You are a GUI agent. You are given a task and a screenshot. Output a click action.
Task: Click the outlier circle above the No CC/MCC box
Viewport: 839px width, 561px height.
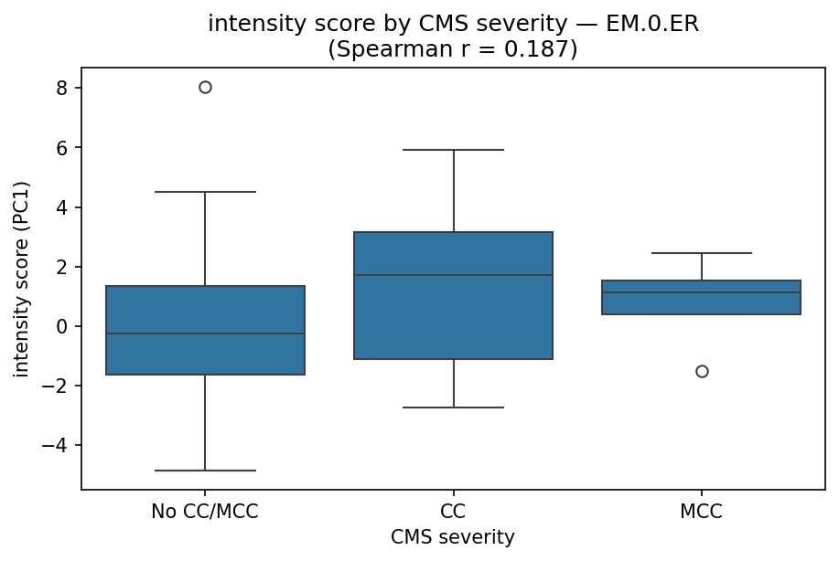click(x=205, y=88)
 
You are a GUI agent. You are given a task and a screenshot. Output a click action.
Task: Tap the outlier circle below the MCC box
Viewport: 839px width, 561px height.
click(x=702, y=371)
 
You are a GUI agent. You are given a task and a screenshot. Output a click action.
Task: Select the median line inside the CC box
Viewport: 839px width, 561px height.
click(x=453, y=275)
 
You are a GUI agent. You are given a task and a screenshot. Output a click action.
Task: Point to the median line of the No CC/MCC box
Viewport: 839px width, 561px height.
click(x=205, y=333)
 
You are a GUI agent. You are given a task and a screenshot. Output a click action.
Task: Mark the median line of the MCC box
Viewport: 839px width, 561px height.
click(x=702, y=292)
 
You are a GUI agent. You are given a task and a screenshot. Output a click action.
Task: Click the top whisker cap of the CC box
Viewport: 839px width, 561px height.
click(x=453, y=150)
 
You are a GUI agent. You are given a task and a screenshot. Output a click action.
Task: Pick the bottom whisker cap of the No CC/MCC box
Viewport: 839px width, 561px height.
click(x=205, y=471)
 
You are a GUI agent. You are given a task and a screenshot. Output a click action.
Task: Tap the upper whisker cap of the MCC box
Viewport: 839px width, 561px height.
click(x=702, y=253)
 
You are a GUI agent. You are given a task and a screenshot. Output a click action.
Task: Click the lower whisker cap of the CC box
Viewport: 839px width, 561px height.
click(x=453, y=408)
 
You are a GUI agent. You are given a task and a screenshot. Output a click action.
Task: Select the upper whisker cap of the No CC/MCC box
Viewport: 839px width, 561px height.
click(x=205, y=192)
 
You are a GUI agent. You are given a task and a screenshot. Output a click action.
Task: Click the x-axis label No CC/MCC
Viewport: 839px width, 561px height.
click(x=205, y=513)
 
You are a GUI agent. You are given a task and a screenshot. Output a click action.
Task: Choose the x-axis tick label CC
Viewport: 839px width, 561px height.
click(x=453, y=513)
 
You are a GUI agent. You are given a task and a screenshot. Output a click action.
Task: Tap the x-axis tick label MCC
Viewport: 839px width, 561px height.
click(x=702, y=513)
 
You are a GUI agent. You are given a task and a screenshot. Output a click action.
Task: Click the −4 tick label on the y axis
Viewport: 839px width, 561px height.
click(x=61, y=446)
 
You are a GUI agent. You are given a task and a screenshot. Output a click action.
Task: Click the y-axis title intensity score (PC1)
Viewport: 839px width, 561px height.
click(x=21, y=279)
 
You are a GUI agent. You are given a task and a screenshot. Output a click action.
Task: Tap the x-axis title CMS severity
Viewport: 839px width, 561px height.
click(x=453, y=538)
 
